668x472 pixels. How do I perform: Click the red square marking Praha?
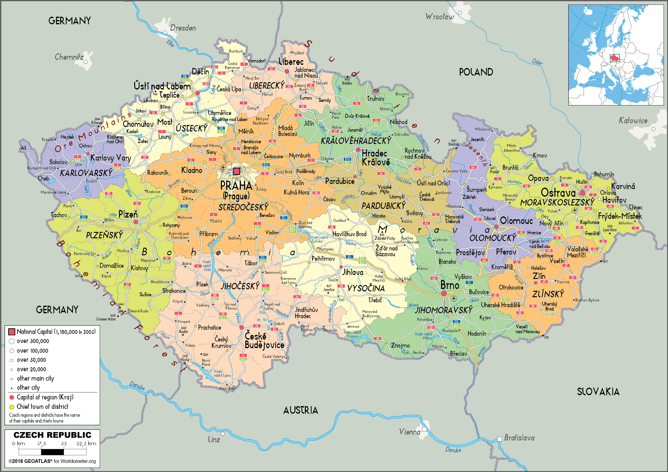click(x=237, y=171)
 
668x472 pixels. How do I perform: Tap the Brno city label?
click(x=450, y=285)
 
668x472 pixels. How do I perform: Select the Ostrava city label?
click(x=558, y=193)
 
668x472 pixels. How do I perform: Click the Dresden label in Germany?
click(x=183, y=28)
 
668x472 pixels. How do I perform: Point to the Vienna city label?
click(x=410, y=432)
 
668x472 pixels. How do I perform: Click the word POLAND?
click(x=476, y=72)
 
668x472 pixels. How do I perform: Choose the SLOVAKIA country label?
click(x=598, y=392)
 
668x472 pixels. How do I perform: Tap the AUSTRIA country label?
click(x=301, y=410)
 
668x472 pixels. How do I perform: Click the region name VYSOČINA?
click(x=366, y=288)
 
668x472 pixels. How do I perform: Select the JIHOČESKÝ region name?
click(x=240, y=286)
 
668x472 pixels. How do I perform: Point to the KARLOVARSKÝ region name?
click(x=86, y=173)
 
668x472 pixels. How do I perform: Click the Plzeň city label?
click(x=128, y=214)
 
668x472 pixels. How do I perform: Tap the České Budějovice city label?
click(x=264, y=341)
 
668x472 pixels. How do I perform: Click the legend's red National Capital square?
click(x=12, y=332)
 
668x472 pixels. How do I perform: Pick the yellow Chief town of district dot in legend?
click(x=12, y=407)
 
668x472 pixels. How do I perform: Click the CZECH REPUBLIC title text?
click(x=52, y=435)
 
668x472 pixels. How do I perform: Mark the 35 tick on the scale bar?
click(x=64, y=444)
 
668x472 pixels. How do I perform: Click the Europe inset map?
click(x=616, y=55)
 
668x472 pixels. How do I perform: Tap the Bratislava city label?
click(x=519, y=438)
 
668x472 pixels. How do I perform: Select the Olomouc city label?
click(x=516, y=221)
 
